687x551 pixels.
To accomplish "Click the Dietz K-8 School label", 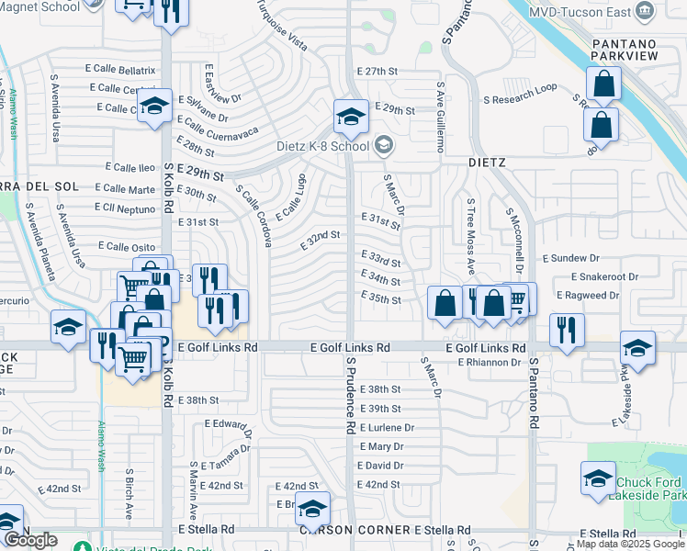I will (322, 146).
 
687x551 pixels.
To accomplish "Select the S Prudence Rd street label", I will (350, 396).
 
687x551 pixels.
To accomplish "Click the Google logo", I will (31, 540).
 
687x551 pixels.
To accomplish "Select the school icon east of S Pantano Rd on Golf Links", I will (637, 348).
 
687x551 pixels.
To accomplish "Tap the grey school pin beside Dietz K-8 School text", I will (384, 145).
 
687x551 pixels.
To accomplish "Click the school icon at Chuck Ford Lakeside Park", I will (598, 478).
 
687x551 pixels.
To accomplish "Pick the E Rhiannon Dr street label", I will (489, 363).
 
